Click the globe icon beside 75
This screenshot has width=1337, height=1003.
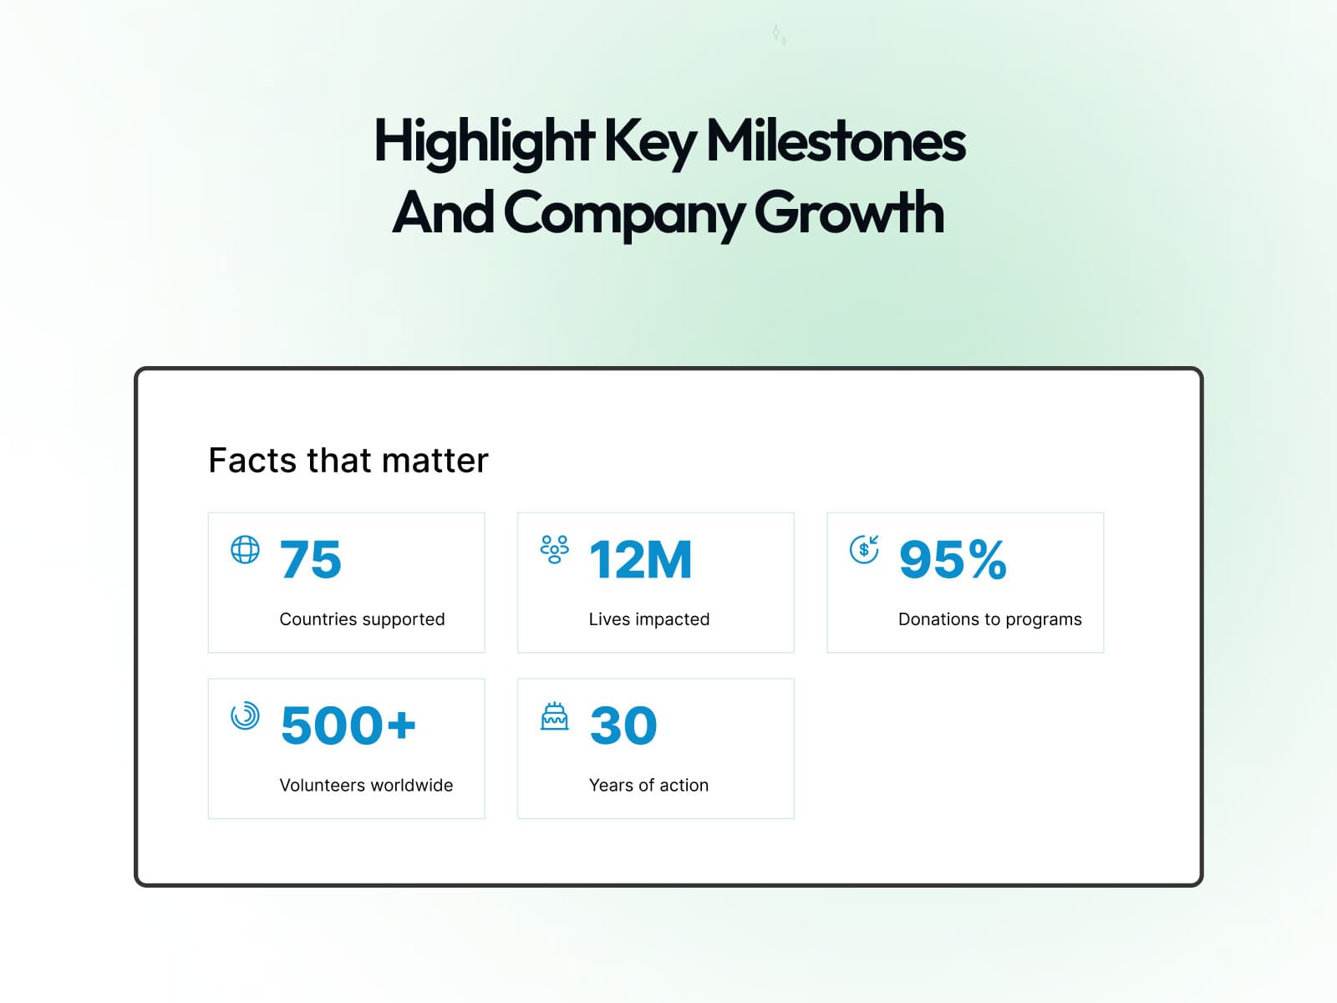click(x=245, y=550)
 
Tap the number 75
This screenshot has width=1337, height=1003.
click(x=311, y=559)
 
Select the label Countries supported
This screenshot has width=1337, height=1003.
click(x=362, y=619)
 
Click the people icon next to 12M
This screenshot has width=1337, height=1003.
click(x=554, y=549)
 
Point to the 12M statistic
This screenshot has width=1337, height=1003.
click(x=641, y=559)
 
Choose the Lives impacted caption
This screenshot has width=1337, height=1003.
click(x=649, y=619)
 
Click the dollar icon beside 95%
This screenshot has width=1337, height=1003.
click(x=864, y=549)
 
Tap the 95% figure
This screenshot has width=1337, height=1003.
click(x=953, y=559)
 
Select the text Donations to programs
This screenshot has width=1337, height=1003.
click(x=989, y=619)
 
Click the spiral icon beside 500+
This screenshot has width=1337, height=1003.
click(x=245, y=715)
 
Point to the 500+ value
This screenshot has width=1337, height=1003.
click(x=348, y=725)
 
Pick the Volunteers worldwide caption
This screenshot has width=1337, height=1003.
click(x=366, y=786)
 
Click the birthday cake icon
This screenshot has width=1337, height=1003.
click(x=554, y=716)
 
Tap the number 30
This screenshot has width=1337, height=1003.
click(x=623, y=725)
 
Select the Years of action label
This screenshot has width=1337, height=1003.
click(x=648, y=786)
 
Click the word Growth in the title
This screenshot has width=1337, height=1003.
click(x=849, y=212)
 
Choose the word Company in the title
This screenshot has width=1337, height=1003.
click(x=623, y=214)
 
